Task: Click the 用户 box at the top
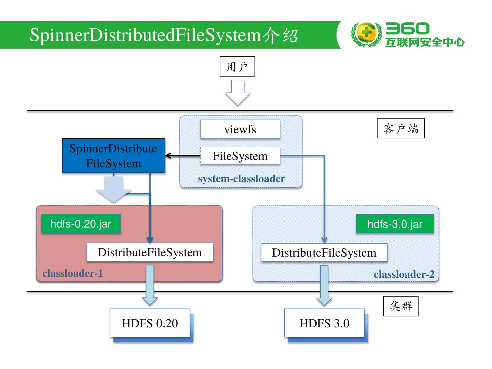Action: tap(237, 67)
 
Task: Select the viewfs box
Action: tap(240, 129)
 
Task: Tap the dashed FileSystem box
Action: tap(240, 156)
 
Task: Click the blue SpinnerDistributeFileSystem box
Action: tap(113, 156)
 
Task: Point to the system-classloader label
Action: tap(241, 179)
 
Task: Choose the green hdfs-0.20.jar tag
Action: tap(81, 224)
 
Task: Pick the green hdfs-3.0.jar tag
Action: tap(395, 224)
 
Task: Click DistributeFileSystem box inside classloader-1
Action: tap(150, 252)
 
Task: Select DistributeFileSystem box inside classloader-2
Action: tap(324, 253)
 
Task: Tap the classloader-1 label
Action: tap(72, 273)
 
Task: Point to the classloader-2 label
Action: tap(404, 274)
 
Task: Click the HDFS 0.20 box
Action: tap(150, 323)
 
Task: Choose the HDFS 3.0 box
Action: tap(324, 323)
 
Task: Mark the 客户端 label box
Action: tap(400, 128)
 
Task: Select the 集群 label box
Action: tap(400, 306)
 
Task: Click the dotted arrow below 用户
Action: tap(237, 93)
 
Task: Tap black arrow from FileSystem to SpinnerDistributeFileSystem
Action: tap(182, 156)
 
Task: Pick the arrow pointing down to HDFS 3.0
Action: tap(324, 286)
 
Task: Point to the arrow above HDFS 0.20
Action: tap(150, 286)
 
